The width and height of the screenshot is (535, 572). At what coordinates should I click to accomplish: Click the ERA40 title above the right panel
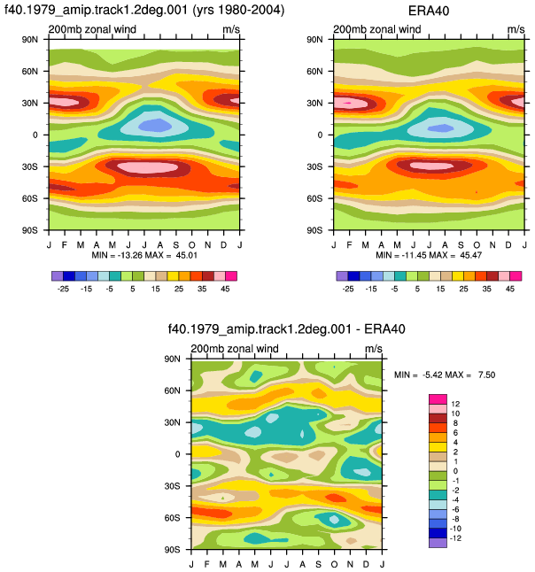(x=429, y=11)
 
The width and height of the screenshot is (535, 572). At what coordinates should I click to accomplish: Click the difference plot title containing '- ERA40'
(x=286, y=329)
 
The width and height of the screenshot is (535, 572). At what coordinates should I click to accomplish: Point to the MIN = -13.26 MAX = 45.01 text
(x=144, y=255)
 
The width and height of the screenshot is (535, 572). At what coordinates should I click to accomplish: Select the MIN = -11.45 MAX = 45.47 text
(x=429, y=255)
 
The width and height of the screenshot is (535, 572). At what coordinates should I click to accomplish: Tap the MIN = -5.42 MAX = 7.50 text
(x=445, y=375)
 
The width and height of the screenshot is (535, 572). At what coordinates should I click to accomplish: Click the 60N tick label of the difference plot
(x=172, y=390)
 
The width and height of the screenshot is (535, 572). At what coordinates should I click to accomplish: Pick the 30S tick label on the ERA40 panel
(x=314, y=166)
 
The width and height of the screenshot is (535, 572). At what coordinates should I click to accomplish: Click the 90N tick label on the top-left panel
(x=30, y=39)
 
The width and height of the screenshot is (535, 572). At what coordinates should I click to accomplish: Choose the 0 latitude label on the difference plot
(x=178, y=454)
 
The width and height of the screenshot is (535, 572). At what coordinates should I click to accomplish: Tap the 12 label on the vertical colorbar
(x=455, y=404)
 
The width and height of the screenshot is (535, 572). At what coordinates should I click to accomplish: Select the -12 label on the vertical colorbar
(x=455, y=538)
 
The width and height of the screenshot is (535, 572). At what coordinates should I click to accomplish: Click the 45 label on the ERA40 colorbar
(x=510, y=289)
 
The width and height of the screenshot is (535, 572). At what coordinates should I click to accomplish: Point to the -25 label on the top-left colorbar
(x=63, y=289)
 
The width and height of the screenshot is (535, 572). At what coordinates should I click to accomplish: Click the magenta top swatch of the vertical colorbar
(x=438, y=398)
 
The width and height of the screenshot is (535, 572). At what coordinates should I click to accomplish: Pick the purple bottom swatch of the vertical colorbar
(x=438, y=543)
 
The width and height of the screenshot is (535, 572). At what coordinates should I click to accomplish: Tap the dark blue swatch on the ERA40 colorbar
(x=353, y=275)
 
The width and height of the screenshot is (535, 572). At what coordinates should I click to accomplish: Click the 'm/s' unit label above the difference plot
(x=374, y=349)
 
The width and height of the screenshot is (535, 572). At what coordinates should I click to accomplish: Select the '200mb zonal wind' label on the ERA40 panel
(x=377, y=29)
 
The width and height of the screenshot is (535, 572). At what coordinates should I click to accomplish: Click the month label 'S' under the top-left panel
(x=176, y=244)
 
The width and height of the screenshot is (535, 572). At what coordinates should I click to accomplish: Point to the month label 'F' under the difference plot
(x=207, y=564)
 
